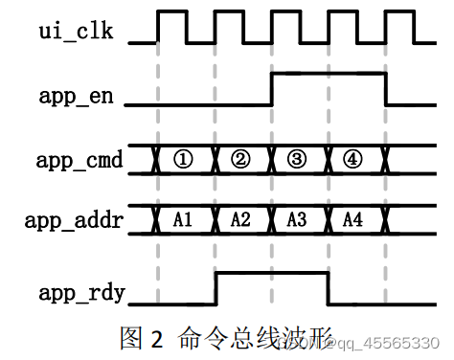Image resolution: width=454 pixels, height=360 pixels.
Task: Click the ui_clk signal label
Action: (76, 32)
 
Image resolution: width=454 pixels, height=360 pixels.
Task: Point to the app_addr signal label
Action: (76, 219)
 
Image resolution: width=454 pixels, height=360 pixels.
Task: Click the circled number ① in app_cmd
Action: (184, 159)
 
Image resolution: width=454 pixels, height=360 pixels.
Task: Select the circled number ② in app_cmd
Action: (240, 159)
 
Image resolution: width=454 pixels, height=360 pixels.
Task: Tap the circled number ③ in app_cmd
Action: (298, 159)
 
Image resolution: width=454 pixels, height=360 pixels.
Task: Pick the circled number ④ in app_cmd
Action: (354, 159)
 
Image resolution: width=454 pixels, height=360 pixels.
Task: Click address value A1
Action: (184, 219)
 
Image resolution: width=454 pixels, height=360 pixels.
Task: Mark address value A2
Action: (240, 219)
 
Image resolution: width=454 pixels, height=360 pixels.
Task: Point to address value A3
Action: (298, 219)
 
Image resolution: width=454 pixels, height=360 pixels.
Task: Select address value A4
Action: (354, 219)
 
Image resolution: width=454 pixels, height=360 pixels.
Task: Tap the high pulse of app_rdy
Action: (271, 275)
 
